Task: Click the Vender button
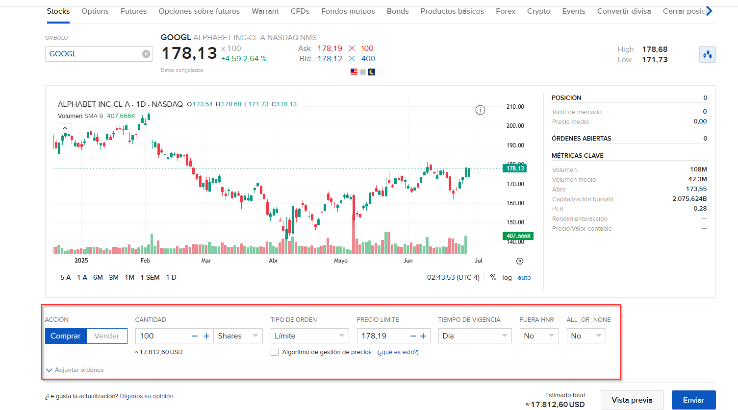(107, 336)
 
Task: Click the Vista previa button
(632, 400)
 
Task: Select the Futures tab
(133, 11)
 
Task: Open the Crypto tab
(538, 11)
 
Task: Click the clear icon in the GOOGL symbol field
(146, 54)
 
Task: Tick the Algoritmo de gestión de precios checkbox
(275, 352)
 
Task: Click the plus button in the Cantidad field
(206, 336)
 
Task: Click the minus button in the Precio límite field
(413, 336)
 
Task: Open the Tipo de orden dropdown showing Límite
(309, 336)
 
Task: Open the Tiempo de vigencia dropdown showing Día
(474, 336)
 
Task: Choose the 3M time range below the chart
(114, 277)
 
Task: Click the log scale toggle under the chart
(507, 277)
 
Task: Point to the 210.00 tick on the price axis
(515, 107)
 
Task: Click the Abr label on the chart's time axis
(273, 261)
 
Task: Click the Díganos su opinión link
(147, 396)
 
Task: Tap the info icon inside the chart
(480, 110)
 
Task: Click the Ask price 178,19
(330, 48)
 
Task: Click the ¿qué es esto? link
(398, 352)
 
